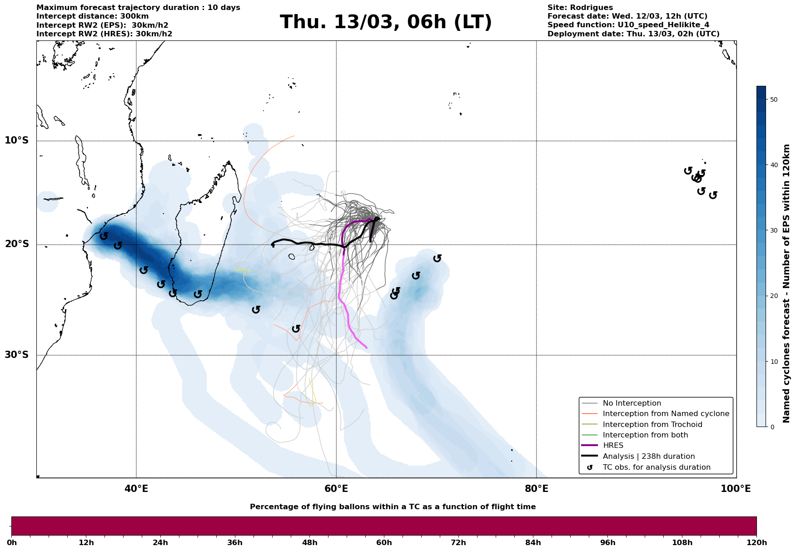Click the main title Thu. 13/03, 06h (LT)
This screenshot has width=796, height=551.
pos(386,22)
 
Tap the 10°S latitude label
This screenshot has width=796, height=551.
pos(17,140)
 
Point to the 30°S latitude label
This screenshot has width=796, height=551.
pos(17,355)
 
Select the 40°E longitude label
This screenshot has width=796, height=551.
pos(136,489)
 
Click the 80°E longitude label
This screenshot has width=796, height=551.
pos(536,489)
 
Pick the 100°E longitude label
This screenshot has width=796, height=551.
pos(736,489)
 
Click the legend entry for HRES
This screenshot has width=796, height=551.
pos(613,446)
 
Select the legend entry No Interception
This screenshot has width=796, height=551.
pos(632,403)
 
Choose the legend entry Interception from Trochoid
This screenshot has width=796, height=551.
pos(652,425)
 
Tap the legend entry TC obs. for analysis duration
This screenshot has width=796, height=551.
pos(656,467)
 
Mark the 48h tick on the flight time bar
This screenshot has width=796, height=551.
pos(310,543)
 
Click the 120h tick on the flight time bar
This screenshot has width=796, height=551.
pos(756,543)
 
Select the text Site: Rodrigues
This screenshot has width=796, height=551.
pos(580,8)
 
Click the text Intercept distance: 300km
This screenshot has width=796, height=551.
pos(92,16)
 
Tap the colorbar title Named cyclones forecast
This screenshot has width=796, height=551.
pos(787,283)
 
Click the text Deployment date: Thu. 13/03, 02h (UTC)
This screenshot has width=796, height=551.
pos(633,34)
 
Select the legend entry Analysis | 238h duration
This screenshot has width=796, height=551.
pos(648,457)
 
